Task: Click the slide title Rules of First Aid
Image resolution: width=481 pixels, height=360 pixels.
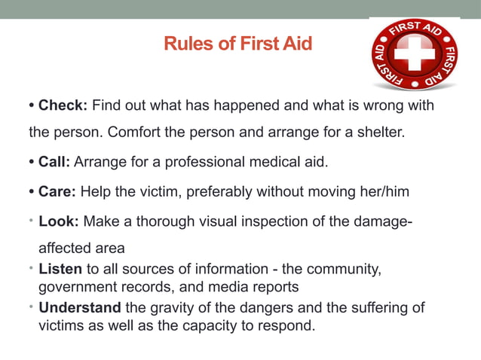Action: pos(237,44)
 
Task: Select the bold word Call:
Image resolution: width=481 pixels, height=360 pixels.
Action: pos(56,162)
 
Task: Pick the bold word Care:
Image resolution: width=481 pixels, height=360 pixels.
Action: pos(57,192)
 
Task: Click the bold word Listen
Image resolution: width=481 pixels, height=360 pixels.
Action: pos(61,269)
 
